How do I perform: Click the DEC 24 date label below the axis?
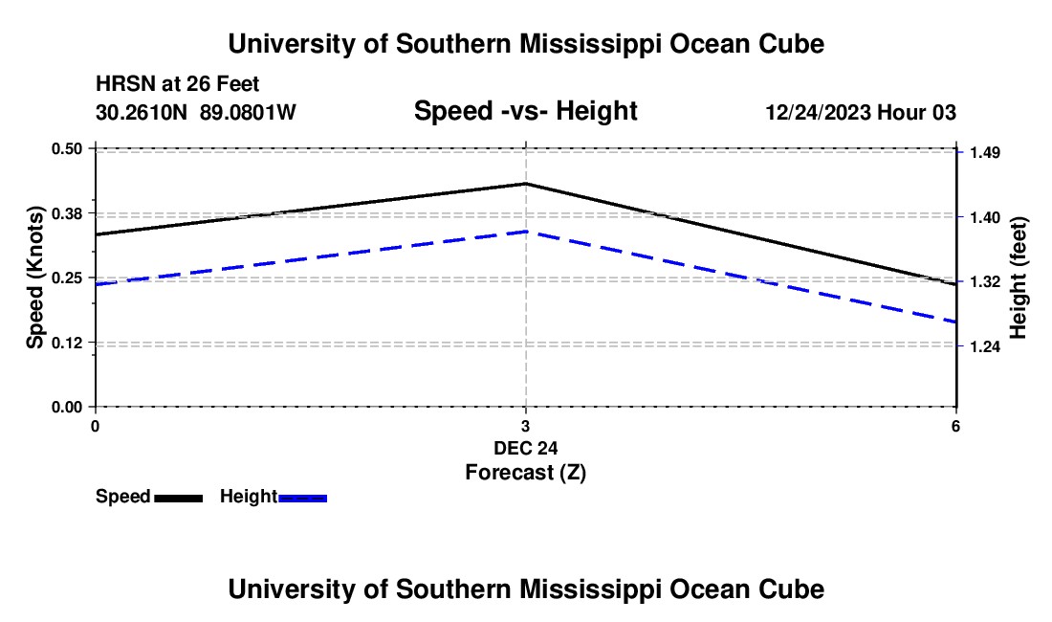pyautogui.click(x=525, y=448)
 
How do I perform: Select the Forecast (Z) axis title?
pyautogui.click(x=525, y=472)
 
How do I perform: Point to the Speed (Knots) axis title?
pyautogui.click(x=35, y=278)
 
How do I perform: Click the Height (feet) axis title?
pyautogui.click(x=1018, y=278)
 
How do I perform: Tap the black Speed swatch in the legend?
pyautogui.click(x=178, y=498)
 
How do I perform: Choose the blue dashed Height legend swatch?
pyautogui.click(x=303, y=498)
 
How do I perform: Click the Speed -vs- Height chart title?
pyautogui.click(x=525, y=112)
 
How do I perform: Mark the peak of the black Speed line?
pyautogui.click(x=526, y=183)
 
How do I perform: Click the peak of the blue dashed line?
pyautogui.click(x=526, y=232)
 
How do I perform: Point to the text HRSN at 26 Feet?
pyautogui.click(x=178, y=85)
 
